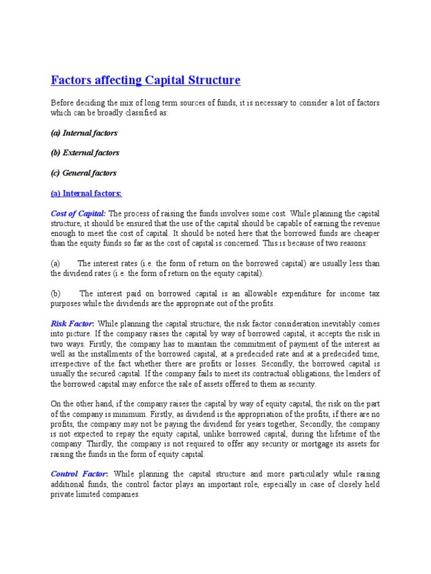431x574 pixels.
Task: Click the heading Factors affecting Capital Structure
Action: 145,80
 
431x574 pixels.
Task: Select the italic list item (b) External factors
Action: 85,152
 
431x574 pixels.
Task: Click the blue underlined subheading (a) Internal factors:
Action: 86,193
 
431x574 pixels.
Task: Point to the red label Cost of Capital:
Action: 78,214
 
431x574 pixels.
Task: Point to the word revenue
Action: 365,224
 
